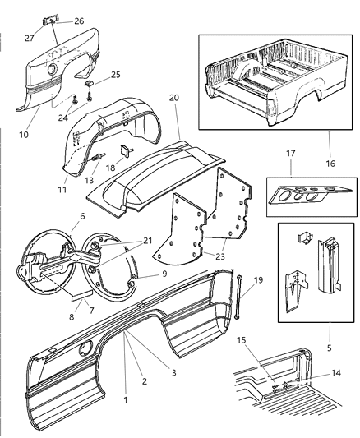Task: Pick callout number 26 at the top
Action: (x=78, y=21)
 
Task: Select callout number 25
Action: (x=116, y=75)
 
